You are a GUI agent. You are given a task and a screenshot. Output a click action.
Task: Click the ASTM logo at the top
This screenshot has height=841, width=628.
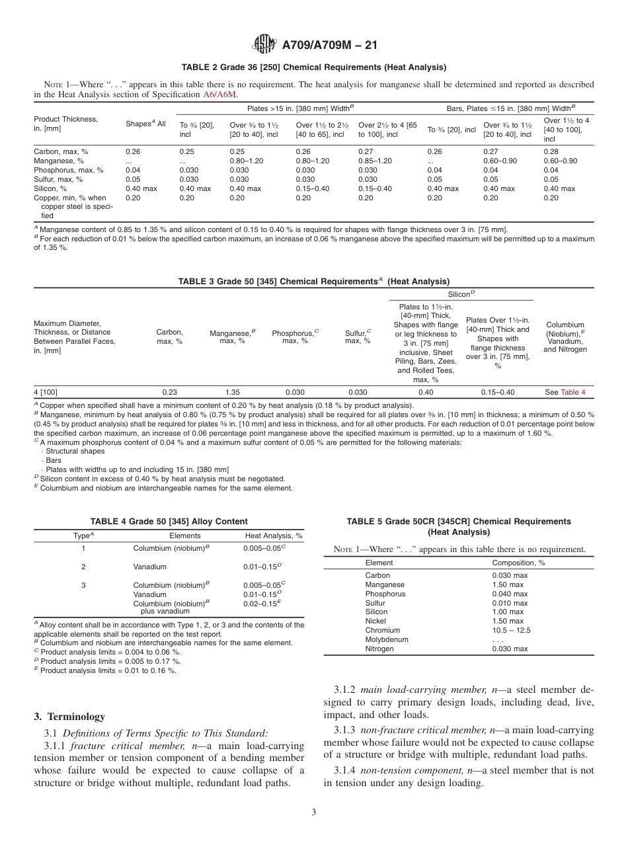click(x=264, y=45)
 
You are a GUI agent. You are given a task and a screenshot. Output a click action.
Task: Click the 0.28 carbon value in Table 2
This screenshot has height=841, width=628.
click(x=551, y=151)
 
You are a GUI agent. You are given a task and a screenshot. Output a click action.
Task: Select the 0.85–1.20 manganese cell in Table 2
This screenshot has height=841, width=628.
click(x=374, y=161)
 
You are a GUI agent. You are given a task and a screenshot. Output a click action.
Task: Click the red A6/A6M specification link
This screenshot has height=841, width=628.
click(x=219, y=95)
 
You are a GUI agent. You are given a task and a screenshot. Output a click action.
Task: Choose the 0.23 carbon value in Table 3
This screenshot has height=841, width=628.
click(x=169, y=392)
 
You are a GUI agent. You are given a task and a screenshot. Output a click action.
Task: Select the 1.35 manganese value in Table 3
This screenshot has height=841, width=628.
click(x=232, y=392)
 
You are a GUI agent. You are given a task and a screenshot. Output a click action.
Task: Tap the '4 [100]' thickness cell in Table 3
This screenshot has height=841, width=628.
click(x=46, y=392)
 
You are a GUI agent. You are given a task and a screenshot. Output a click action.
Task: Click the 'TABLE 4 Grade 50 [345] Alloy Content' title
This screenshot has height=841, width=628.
click(x=169, y=521)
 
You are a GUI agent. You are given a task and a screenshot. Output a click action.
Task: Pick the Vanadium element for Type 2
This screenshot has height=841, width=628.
click(x=149, y=567)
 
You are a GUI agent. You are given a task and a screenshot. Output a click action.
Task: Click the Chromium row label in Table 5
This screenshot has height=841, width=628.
click(x=382, y=630)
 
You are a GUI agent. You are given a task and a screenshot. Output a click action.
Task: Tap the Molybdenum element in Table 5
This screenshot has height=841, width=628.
click(x=387, y=639)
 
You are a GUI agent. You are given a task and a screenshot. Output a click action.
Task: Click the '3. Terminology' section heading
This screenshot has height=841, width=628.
click(x=69, y=716)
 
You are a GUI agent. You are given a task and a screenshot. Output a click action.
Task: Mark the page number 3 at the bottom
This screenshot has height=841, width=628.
click(x=314, y=813)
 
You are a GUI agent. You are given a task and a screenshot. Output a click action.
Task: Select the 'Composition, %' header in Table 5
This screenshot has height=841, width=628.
click(x=518, y=563)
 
